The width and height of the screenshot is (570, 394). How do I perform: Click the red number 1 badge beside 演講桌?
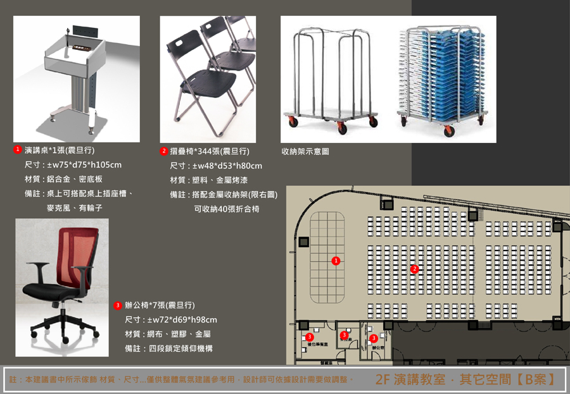tap(18, 150)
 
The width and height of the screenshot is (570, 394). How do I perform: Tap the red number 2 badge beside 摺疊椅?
tap(163, 151)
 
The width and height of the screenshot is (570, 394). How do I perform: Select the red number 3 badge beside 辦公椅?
tap(118, 305)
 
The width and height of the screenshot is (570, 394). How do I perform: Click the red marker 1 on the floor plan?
tap(336, 261)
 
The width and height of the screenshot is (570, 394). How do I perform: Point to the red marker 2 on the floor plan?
tap(414, 269)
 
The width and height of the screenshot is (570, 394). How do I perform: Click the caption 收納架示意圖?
tap(305, 152)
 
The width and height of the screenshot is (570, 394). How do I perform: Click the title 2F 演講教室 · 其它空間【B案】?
tap(465, 379)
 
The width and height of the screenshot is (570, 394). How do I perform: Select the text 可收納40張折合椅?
tap(227, 209)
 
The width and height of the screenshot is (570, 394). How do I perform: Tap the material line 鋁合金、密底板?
tap(74, 180)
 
